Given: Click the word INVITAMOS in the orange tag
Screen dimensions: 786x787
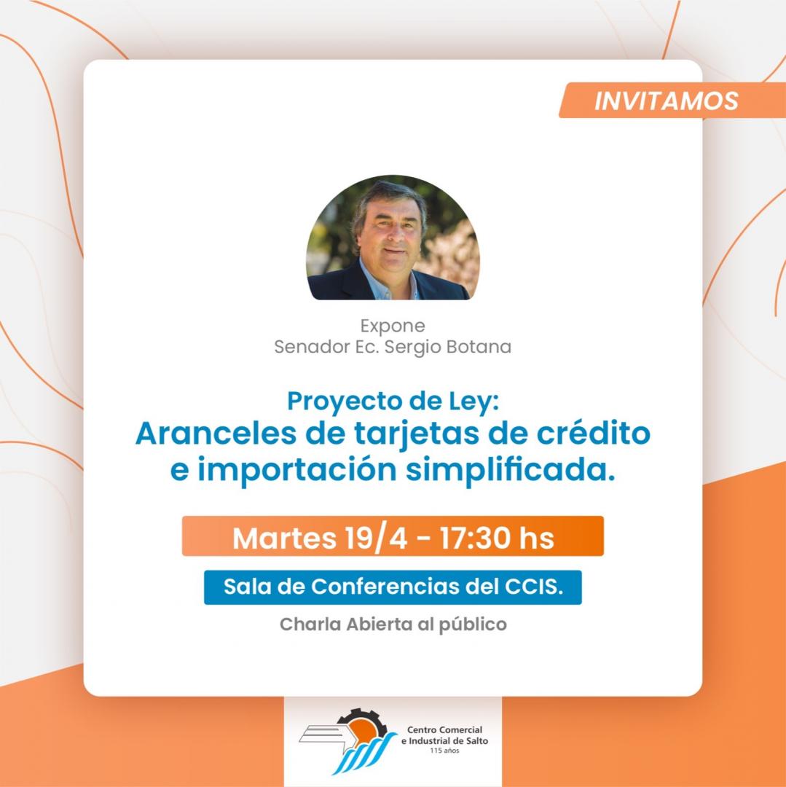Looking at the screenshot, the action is tap(666, 101).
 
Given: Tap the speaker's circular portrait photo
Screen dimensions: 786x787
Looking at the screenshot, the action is tap(393, 238).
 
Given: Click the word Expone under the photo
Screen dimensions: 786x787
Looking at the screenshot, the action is tap(393, 326).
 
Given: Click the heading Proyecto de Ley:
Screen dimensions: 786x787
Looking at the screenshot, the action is tap(393, 402).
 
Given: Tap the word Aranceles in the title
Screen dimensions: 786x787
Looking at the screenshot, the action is tap(216, 433).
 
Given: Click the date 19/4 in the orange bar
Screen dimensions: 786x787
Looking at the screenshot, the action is tap(376, 538).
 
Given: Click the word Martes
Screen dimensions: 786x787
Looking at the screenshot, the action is tap(284, 538).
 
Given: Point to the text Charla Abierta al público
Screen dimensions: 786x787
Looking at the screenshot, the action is tap(393, 625).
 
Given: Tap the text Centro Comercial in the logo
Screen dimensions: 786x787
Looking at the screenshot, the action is tap(445, 729).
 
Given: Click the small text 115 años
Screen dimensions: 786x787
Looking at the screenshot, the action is tap(444, 751).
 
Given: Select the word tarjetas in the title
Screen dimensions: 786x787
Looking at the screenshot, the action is tap(417, 434).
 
